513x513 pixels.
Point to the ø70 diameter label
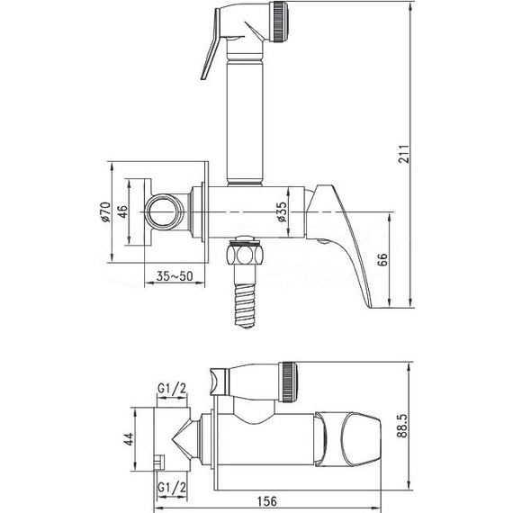104,212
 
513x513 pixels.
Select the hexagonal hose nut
244,256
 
